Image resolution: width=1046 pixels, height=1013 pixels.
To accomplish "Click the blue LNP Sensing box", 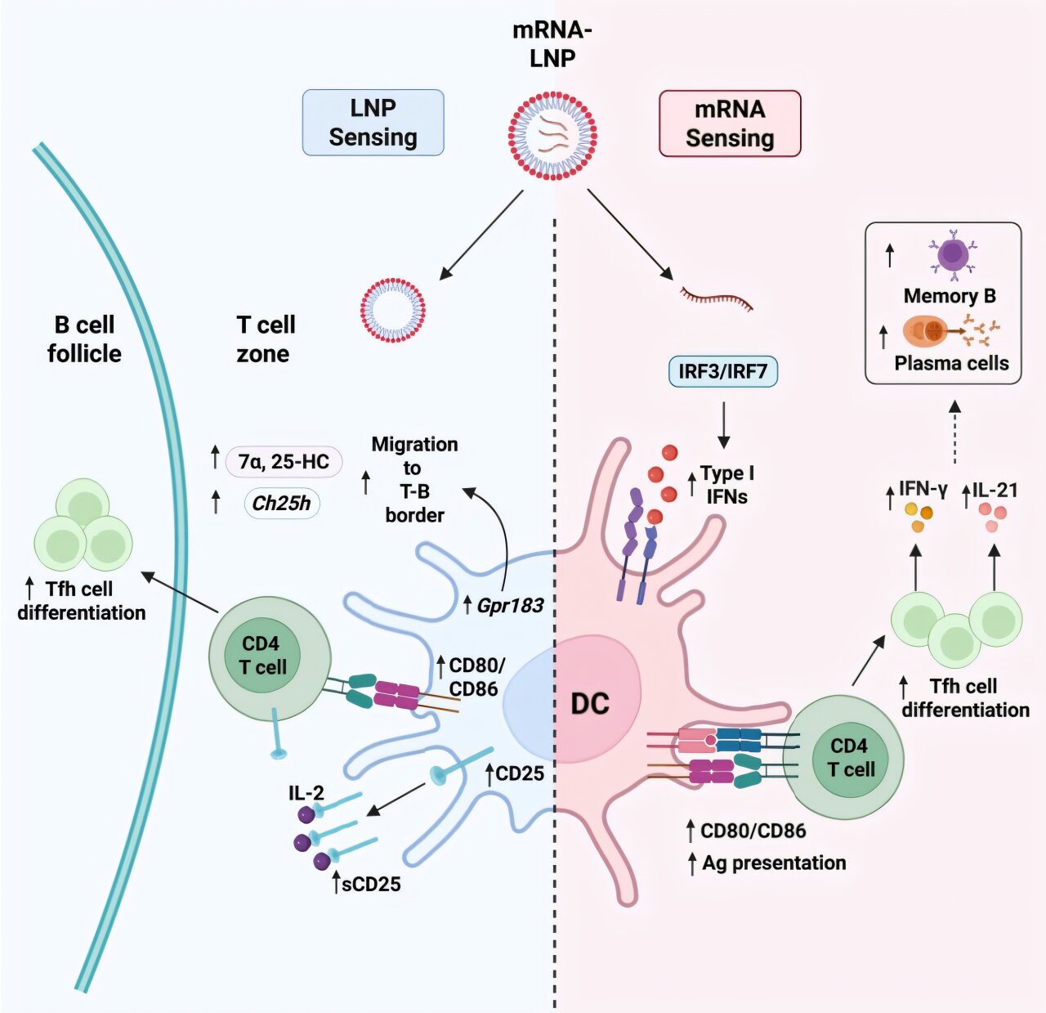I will coord(373,123).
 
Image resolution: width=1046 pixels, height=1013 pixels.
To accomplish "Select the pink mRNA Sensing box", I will coord(730,123).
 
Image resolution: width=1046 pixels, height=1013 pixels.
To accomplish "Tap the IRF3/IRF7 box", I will coord(723,372).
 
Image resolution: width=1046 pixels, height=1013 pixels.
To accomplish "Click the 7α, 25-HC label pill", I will coord(284,462).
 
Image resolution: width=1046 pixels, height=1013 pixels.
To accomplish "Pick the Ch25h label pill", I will coord(281,503).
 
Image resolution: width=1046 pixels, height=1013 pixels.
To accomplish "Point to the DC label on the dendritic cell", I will coord(590,703).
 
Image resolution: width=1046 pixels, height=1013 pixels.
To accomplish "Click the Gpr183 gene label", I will coord(510,606).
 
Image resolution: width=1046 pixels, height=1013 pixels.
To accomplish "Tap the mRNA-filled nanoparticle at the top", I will coord(552,135).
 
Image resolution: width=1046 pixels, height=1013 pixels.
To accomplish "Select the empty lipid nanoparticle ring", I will coord(393,311).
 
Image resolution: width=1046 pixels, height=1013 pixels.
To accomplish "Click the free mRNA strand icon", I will coord(717,299).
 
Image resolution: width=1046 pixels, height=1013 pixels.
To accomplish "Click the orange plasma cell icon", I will coord(926,331).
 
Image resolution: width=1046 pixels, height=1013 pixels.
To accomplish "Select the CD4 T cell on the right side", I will coord(844,757).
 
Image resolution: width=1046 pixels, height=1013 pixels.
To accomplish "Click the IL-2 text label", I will coord(306,793).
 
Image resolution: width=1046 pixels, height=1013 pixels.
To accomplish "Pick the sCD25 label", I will coord(371,884).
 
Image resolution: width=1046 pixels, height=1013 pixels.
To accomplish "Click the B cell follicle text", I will coord(84,339).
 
